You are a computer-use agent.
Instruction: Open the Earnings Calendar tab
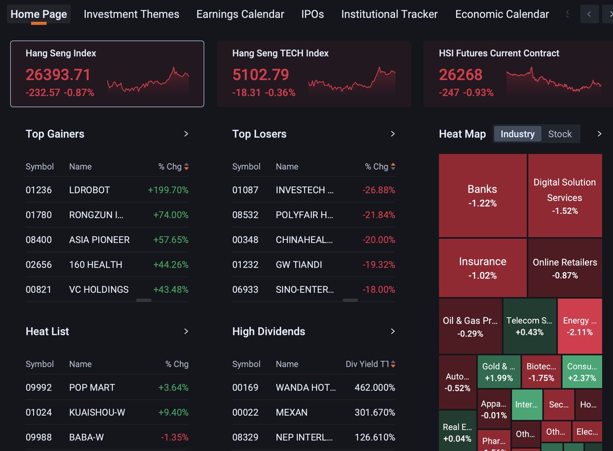pyautogui.click(x=240, y=14)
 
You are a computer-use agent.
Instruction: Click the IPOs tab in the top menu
pyautogui.click(x=313, y=14)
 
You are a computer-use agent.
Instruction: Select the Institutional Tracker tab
pyautogui.click(x=389, y=14)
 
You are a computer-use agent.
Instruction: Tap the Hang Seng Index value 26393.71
pyautogui.click(x=58, y=75)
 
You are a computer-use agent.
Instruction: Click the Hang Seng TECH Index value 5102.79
pyautogui.click(x=261, y=75)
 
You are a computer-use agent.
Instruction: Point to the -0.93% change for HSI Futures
pyautogui.click(x=478, y=93)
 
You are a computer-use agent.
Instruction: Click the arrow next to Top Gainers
pyautogui.click(x=186, y=134)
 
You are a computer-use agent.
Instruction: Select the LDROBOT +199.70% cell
pyautogui.click(x=168, y=190)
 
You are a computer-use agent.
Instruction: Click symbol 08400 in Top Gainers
pyautogui.click(x=39, y=240)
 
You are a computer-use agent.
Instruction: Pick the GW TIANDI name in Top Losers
pyautogui.click(x=299, y=265)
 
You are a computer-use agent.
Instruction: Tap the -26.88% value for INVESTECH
pyautogui.click(x=379, y=190)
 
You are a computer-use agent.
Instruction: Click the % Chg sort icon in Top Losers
pyautogui.click(x=393, y=166)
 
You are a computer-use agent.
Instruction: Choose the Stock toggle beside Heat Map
pyautogui.click(x=560, y=134)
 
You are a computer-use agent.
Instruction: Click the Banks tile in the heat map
pyautogui.click(x=482, y=195)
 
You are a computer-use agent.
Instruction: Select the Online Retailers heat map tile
pyautogui.click(x=565, y=268)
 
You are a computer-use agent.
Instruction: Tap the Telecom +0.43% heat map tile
pyautogui.click(x=530, y=326)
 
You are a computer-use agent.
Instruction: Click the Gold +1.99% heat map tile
pyautogui.click(x=499, y=372)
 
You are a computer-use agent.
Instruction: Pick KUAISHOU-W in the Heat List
pyautogui.click(x=97, y=412)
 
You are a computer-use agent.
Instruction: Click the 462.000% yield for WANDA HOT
pyautogui.click(x=375, y=388)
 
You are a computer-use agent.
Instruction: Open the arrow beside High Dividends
pyautogui.click(x=393, y=331)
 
